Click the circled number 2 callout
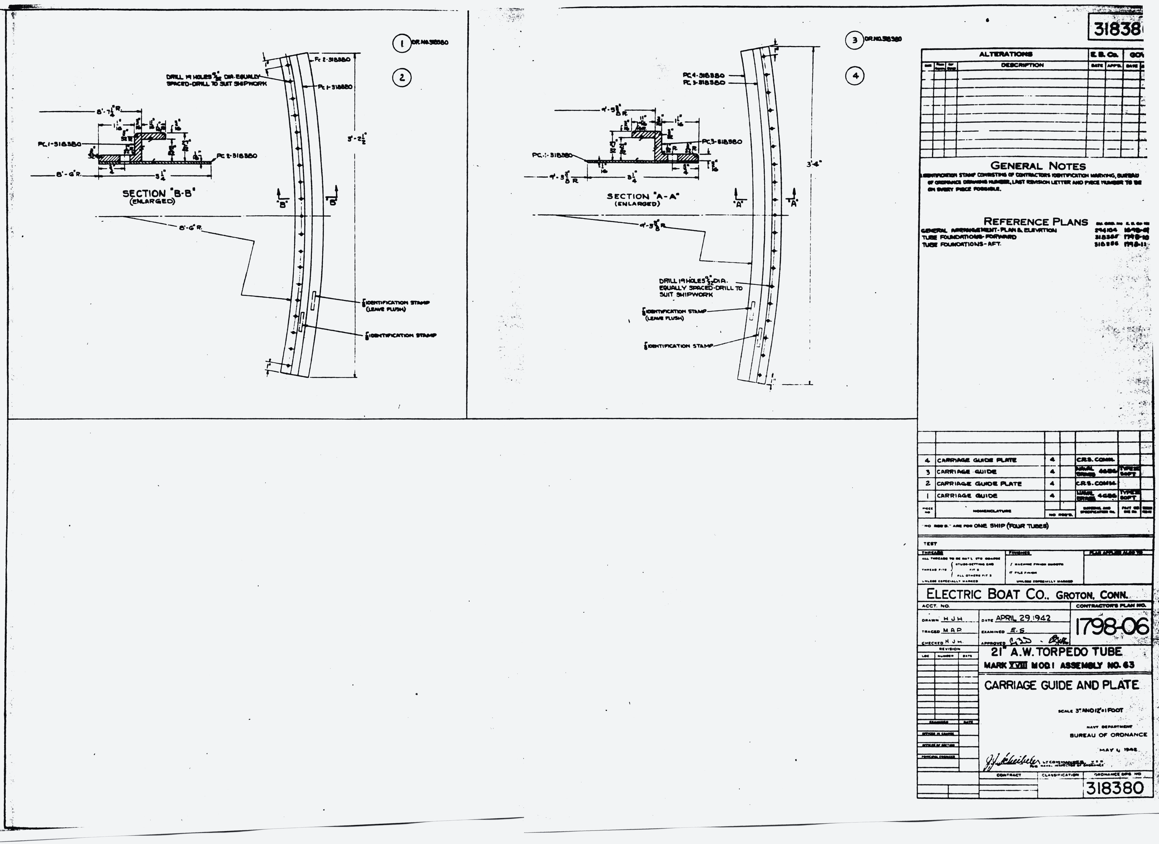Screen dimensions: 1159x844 (402, 78)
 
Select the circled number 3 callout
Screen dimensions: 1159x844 (854, 40)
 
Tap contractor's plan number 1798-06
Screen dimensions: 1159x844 (1111, 627)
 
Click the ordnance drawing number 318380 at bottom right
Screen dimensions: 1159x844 (1115, 788)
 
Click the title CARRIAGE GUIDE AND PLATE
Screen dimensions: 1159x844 (1061, 685)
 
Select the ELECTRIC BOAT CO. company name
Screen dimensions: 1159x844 (1027, 594)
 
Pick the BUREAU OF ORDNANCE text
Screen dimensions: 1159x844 (1108, 735)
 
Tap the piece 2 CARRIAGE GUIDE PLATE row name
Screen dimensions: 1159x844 (979, 483)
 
